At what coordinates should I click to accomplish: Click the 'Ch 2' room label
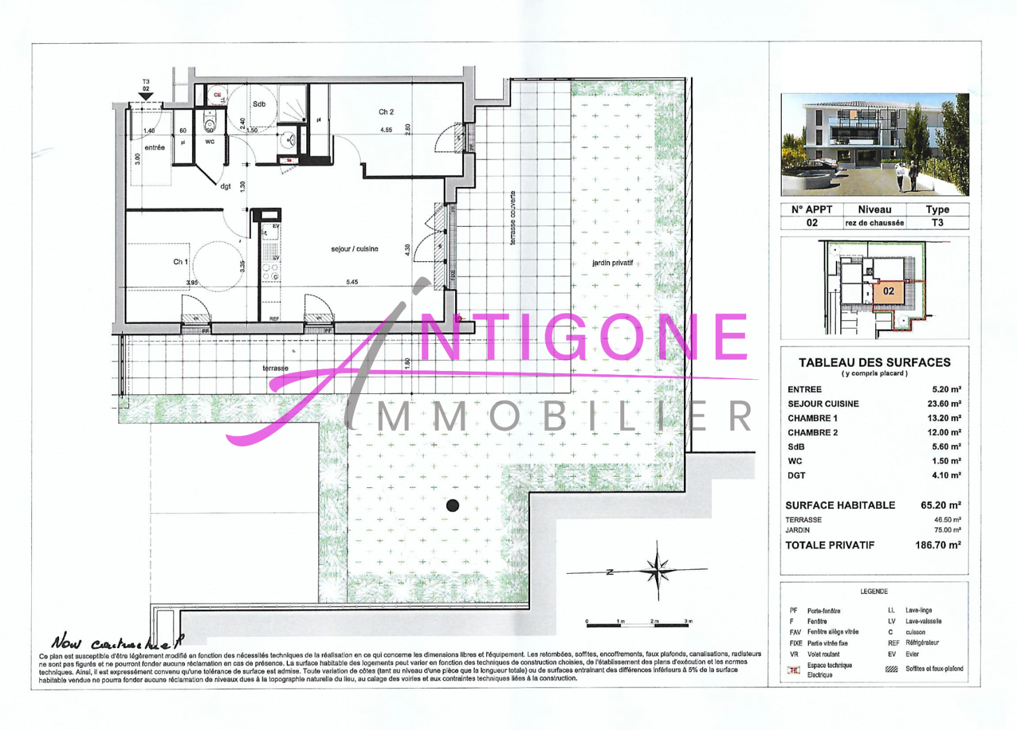pyautogui.click(x=386, y=112)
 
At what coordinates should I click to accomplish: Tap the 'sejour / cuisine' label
pyautogui.click(x=354, y=249)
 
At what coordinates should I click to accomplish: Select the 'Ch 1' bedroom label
pyautogui.click(x=181, y=262)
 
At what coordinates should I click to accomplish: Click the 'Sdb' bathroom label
pyautogui.click(x=259, y=104)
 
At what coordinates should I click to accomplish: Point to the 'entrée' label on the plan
pyautogui.click(x=154, y=147)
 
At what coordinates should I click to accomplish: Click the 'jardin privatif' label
pyautogui.click(x=612, y=263)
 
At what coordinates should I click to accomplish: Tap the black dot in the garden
pyautogui.click(x=453, y=506)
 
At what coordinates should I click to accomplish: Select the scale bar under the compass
pyautogui.click(x=638, y=625)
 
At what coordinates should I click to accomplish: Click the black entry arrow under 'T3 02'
pyautogui.click(x=146, y=96)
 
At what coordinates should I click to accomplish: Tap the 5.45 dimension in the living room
pyautogui.click(x=352, y=282)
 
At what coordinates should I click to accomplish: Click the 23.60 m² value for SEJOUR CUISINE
pyautogui.click(x=944, y=403)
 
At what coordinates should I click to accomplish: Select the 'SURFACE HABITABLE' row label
pyautogui.click(x=840, y=505)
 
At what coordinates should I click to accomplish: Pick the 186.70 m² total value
pyautogui.click(x=938, y=545)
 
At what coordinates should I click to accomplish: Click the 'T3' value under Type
pyautogui.click(x=937, y=223)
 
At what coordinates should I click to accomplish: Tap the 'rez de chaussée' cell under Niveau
pyautogui.click(x=874, y=223)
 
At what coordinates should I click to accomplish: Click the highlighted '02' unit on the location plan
pyautogui.click(x=889, y=291)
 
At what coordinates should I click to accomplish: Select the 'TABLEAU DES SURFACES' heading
pyautogui.click(x=874, y=362)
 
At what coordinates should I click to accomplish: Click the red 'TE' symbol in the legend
pyautogui.click(x=793, y=670)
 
